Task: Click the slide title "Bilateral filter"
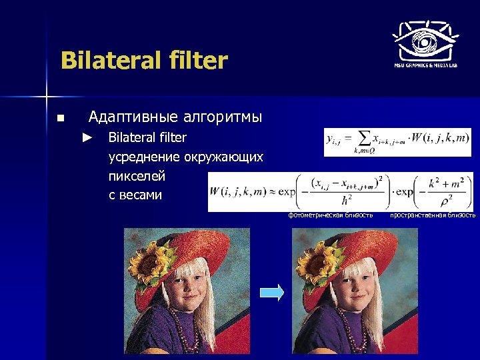pyautogui.click(x=144, y=61)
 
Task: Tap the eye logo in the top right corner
pyautogui.click(x=425, y=38)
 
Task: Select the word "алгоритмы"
pyautogui.click(x=221, y=117)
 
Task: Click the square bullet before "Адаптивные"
pyautogui.click(x=60, y=119)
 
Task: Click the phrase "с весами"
pyautogui.click(x=135, y=195)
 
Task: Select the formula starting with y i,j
pyautogui.click(x=397, y=142)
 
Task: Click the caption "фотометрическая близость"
pyautogui.click(x=330, y=215)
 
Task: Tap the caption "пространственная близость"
pyautogui.click(x=433, y=215)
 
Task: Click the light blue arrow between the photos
pyautogui.click(x=271, y=291)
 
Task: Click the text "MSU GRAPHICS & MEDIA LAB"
pyautogui.click(x=425, y=65)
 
